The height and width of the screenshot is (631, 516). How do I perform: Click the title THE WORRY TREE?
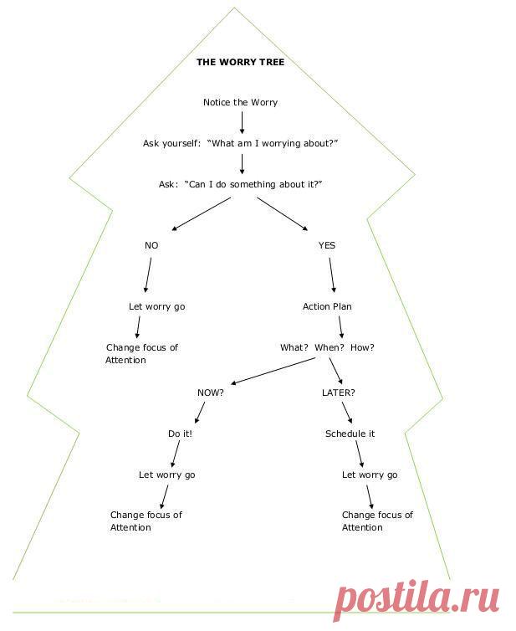click(x=240, y=62)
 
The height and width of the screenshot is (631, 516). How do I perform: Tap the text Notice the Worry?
click(x=240, y=102)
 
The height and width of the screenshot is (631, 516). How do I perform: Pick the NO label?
click(x=151, y=245)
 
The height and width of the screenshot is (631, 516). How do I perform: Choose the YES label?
click(x=326, y=245)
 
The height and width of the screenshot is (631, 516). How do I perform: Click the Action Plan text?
click(x=327, y=306)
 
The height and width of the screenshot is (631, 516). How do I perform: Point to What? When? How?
click(x=327, y=347)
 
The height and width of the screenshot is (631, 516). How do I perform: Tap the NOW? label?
click(x=210, y=392)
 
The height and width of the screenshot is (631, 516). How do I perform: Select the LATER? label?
click(x=339, y=392)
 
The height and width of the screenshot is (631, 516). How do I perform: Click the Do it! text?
click(x=180, y=433)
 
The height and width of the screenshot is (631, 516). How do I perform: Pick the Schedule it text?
click(x=350, y=433)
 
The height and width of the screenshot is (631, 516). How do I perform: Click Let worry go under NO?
click(x=156, y=306)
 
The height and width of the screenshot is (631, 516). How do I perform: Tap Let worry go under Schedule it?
click(x=370, y=475)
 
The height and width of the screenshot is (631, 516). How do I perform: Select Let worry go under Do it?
click(x=166, y=475)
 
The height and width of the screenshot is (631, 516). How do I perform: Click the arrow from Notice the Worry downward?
click(x=242, y=122)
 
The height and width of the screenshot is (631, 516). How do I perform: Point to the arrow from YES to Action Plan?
click(x=332, y=274)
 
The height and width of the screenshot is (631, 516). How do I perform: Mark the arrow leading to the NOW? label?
click(x=273, y=371)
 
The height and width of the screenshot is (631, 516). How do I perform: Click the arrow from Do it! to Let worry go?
click(x=174, y=454)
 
